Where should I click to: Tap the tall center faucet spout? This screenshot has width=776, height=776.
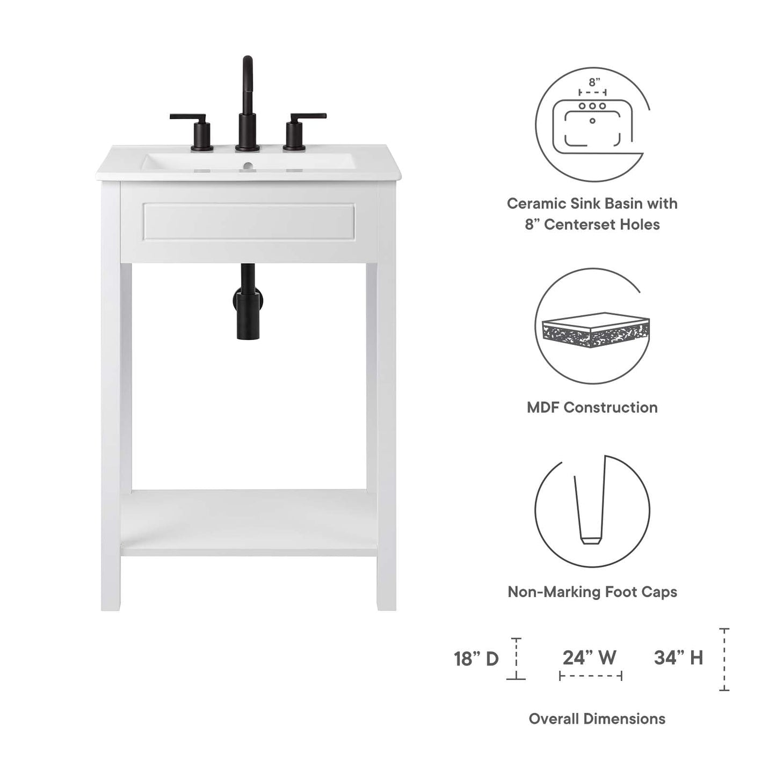[247, 102]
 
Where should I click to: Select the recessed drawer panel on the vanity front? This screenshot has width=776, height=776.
[248, 222]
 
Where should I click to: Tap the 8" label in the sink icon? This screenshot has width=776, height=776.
[593, 82]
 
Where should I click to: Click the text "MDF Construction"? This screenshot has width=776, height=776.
[592, 408]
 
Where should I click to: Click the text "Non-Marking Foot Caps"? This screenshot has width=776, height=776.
[592, 592]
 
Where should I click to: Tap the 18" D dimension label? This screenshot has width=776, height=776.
[476, 658]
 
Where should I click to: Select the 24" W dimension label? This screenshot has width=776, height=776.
[589, 657]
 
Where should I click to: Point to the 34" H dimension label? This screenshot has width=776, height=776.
[678, 657]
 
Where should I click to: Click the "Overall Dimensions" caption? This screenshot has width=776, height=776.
[597, 719]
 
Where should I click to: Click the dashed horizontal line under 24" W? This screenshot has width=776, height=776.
[590, 676]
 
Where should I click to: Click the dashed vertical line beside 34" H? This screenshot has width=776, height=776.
[724, 659]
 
